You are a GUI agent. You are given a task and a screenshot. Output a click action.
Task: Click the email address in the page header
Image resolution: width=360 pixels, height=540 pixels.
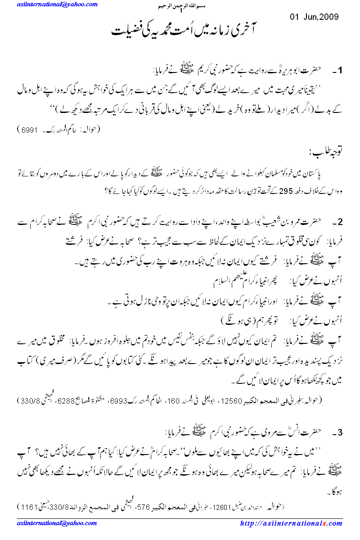tap(58, 4)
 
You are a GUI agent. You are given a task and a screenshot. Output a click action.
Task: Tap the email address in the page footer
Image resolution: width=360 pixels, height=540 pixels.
tap(54, 523)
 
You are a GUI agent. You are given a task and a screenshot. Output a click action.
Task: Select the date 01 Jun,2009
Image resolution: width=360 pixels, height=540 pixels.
tap(314, 17)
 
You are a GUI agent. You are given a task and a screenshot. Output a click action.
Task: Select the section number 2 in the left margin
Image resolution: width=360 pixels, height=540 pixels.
tap(341, 221)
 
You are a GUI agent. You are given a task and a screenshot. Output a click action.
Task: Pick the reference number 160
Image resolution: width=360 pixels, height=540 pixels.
tap(165, 400)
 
